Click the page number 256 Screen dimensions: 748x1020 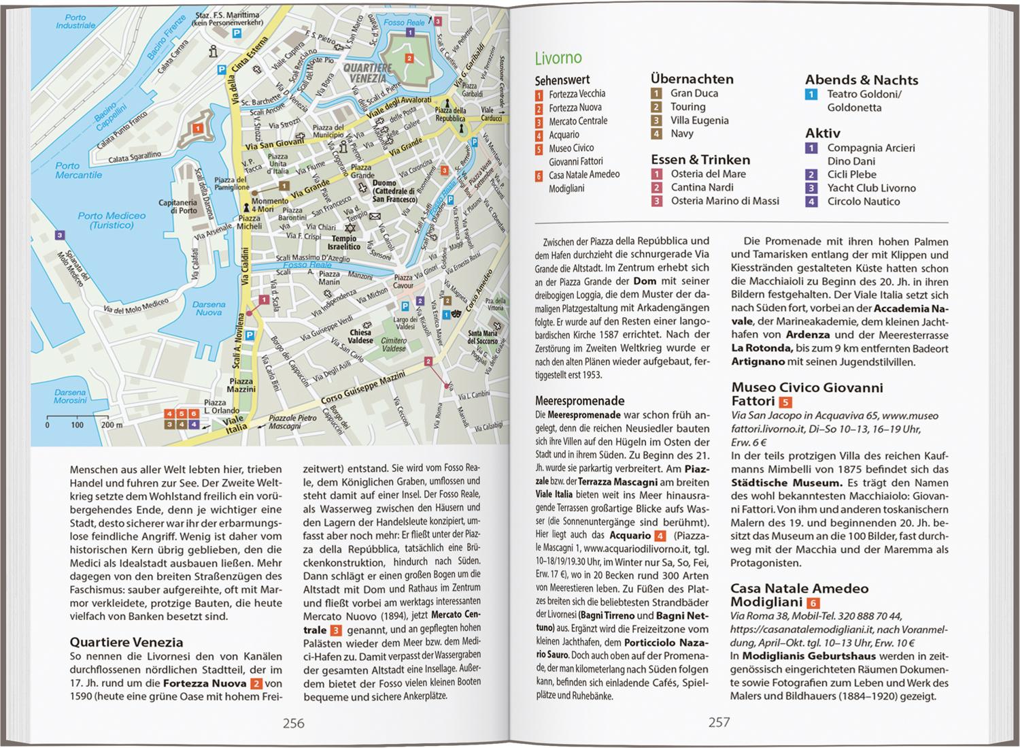click(293, 723)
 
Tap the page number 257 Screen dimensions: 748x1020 click(719, 722)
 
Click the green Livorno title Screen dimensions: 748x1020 click(558, 58)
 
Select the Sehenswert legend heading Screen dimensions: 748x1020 click(562, 80)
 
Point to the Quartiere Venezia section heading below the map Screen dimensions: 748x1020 click(126, 642)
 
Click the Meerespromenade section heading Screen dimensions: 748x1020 click(579, 401)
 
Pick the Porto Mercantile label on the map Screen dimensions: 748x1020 click(79, 170)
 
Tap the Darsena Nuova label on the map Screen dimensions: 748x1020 click(209, 308)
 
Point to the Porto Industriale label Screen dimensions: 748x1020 click(75, 21)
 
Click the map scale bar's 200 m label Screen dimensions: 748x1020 click(112, 425)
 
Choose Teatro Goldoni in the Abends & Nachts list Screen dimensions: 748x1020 click(864, 94)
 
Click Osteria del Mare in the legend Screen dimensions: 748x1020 click(708, 174)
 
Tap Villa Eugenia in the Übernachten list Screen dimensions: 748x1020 click(699, 120)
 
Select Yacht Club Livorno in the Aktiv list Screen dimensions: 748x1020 click(871, 188)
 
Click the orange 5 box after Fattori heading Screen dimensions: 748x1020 click(785, 402)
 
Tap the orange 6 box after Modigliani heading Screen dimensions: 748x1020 click(813, 603)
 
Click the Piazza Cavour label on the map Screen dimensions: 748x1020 click(403, 282)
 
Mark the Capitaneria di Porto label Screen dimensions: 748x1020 click(178, 206)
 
